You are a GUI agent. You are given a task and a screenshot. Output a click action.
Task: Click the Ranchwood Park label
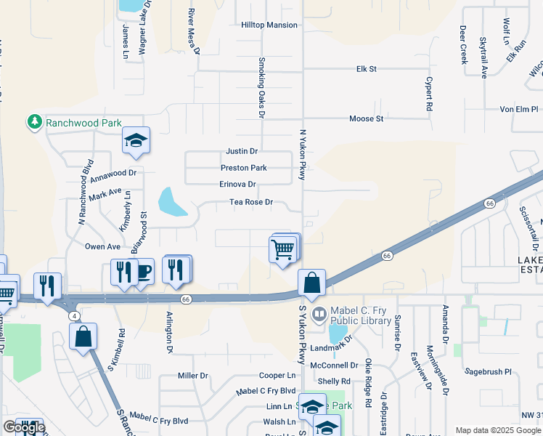(83, 123)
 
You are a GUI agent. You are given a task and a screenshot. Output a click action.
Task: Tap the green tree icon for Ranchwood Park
(34, 122)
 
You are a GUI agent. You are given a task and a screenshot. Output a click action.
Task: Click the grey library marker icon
(319, 315)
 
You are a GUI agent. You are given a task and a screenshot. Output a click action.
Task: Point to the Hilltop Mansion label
(269, 25)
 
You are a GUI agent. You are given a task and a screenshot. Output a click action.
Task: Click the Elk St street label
(367, 69)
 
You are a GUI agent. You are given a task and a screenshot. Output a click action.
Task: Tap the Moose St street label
(366, 118)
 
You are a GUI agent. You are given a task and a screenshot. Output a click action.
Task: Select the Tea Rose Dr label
(250, 203)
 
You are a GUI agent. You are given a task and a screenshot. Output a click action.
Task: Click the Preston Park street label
(244, 168)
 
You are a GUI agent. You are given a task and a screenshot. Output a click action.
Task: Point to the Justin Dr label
(242, 151)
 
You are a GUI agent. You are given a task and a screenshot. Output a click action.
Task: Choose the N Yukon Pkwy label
(303, 156)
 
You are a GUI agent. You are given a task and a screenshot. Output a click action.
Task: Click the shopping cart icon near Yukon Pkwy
(282, 249)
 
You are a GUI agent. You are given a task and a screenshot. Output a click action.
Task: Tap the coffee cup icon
(143, 272)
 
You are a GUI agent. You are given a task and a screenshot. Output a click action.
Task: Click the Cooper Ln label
(277, 376)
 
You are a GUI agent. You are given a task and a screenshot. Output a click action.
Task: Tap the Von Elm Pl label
(518, 109)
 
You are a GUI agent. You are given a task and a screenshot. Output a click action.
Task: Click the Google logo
(23, 427)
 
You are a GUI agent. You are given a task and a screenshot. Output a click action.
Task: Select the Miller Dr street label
(193, 376)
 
